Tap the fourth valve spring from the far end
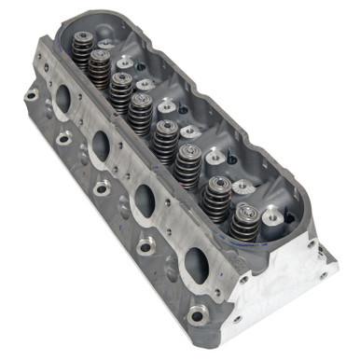click(x=143, y=111)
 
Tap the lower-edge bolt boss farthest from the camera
click(x=29, y=97)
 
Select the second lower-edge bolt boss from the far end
click(x=64, y=139)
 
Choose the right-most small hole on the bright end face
click(x=322, y=274)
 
